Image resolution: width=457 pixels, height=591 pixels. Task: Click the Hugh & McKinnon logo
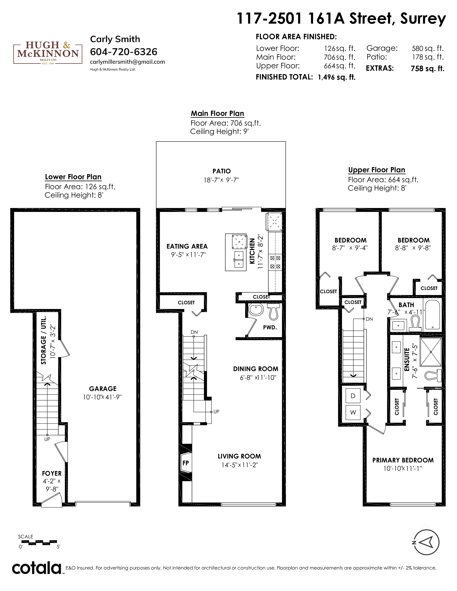pyautogui.click(x=48, y=52)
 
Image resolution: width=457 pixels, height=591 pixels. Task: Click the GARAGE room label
pyautogui.click(x=103, y=389)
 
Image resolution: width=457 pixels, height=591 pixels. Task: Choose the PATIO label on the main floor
pyautogui.click(x=222, y=171)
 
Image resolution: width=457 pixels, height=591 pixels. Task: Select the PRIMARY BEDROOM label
pyautogui.click(x=403, y=460)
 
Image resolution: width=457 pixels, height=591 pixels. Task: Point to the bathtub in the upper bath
pyautogui.click(x=432, y=315)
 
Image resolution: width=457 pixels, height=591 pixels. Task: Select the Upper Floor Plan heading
pyautogui.click(x=377, y=170)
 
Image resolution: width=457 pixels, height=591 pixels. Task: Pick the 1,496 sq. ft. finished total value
pyautogui.click(x=337, y=77)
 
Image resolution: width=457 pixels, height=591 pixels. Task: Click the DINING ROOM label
pyautogui.click(x=256, y=369)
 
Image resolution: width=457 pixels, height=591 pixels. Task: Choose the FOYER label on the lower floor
pyautogui.click(x=52, y=473)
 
